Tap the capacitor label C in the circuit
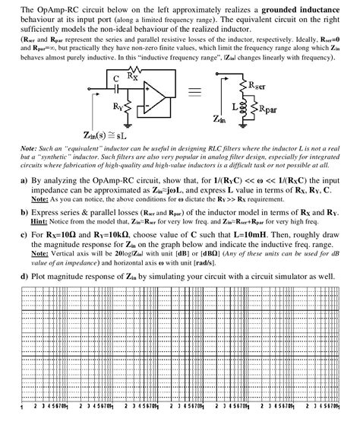[115, 78]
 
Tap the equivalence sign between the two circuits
[195, 93]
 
